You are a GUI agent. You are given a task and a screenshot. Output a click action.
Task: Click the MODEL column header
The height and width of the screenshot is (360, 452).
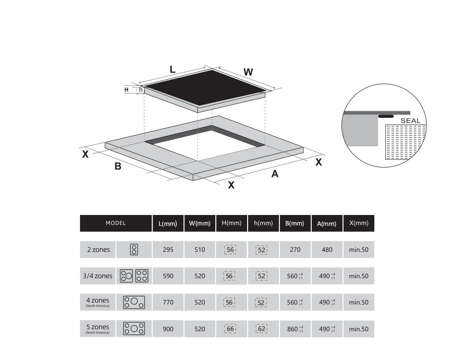click(x=116, y=223)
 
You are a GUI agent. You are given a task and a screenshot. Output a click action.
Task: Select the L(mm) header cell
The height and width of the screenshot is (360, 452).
click(x=168, y=224)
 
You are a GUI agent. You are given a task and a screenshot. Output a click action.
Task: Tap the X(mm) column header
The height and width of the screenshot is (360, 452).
click(x=358, y=223)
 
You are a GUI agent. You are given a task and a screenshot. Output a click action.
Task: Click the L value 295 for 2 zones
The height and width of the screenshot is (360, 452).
click(x=168, y=250)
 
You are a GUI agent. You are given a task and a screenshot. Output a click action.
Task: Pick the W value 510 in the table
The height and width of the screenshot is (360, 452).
click(x=199, y=250)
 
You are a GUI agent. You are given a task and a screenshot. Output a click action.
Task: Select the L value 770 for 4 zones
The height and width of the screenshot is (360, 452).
click(x=168, y=302)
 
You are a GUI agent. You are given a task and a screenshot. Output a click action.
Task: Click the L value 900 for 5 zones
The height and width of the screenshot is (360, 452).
click(x=168, y=329)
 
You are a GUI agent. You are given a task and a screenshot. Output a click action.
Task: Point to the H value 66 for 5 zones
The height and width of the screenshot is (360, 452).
click(x=231, y=329)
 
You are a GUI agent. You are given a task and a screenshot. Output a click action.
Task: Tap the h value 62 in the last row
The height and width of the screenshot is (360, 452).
click(x=263, y=329)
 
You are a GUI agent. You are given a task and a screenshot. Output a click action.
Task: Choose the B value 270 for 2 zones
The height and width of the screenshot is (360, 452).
click(x=295, y=250)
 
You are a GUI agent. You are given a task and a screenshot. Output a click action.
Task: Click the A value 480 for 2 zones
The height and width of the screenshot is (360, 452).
click(x=327, y=250)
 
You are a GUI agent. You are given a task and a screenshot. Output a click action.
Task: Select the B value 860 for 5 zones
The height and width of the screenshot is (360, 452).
click(x=293, y=329)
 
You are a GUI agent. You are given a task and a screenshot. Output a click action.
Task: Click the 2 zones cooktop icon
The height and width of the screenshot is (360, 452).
click(x=134, y=250)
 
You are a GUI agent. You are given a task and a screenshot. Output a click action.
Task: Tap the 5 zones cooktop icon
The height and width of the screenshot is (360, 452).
click(x=134, y=329)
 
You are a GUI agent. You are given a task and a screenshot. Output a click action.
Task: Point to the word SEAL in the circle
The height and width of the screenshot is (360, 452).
click(x=411, y=121)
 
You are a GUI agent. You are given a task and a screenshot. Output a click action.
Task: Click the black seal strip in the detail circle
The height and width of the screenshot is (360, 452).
click(x=386, y=116)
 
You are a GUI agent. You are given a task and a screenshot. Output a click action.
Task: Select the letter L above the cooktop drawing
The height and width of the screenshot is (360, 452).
click(x=173, y=70)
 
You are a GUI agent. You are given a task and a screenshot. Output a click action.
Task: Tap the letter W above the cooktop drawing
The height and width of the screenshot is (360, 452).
click(x=248, y=72)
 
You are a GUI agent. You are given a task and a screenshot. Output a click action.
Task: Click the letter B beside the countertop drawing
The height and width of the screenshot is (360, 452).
click(x=118, y=166)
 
